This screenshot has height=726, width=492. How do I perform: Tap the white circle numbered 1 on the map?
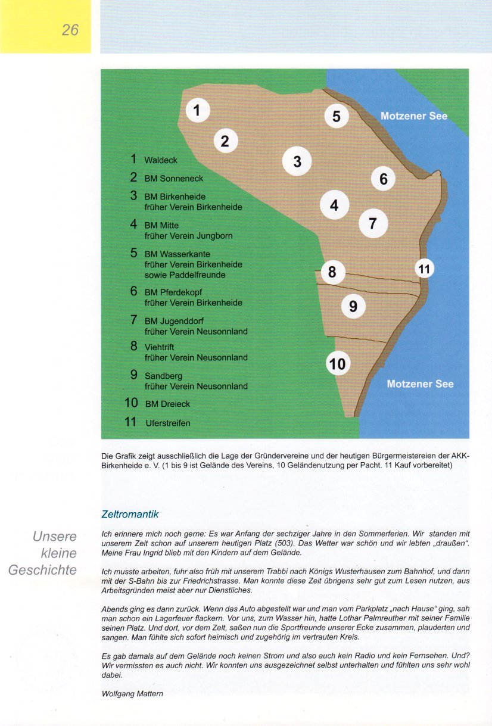[198, 110]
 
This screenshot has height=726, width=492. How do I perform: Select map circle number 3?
[297, 161]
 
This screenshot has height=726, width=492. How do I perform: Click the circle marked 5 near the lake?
[337, 116]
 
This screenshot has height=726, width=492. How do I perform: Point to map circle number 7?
[373, 223]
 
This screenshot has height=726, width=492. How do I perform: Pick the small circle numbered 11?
[424, 269]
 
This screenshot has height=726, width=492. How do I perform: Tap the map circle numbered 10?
[337, 363]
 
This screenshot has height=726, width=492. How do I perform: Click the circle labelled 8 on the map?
[332, 273]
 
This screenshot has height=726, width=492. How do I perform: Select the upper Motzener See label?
[413, 116]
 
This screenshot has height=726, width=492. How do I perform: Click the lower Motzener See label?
[420, 384]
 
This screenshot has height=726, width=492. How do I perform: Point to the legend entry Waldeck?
[161, 160]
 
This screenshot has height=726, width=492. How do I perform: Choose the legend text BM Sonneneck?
[174, 179]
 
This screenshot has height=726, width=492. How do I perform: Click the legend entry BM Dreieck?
[167, 404]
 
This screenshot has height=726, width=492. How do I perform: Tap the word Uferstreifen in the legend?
[167, 423]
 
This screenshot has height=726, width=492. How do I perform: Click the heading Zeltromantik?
[130, 513]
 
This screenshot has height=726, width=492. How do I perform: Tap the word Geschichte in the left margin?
[42, 570]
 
